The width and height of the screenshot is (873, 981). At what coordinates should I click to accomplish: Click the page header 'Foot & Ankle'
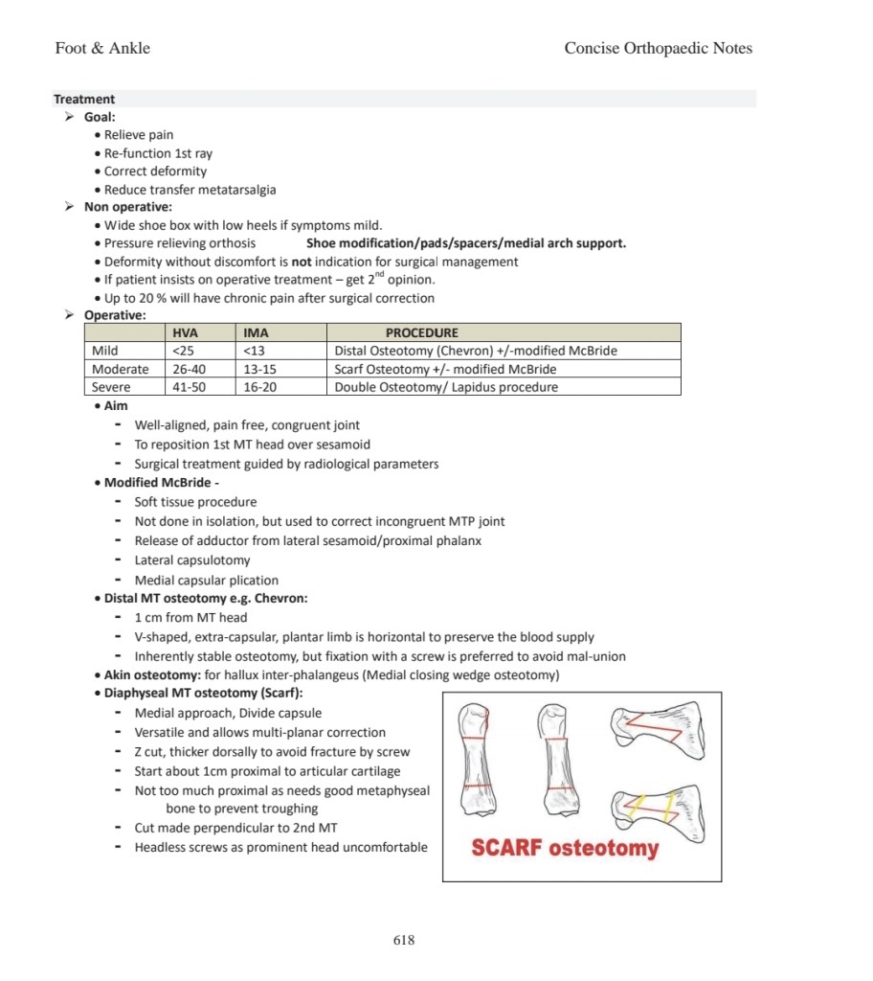102,48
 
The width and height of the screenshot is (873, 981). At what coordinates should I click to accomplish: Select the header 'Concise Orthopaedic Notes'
658,48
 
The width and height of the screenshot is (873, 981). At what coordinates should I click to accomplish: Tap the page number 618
404,940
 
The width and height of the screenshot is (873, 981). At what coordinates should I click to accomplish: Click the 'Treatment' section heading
84,99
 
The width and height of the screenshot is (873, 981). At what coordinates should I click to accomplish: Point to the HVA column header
185,332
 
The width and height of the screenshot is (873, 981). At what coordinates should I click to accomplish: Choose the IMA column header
256,332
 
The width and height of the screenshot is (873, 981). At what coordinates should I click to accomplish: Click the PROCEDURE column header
421,332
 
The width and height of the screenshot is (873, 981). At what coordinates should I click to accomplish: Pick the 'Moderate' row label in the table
121,369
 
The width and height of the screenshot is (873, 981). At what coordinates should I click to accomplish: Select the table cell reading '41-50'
190,387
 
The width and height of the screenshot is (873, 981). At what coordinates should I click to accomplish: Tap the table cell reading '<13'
254,351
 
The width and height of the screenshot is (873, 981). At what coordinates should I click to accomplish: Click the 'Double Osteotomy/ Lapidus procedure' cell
446,387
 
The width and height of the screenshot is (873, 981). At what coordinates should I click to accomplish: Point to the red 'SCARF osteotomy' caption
565,848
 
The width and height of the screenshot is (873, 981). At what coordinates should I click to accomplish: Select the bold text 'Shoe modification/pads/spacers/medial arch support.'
466,243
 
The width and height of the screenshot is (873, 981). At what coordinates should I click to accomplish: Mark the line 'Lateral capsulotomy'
192,560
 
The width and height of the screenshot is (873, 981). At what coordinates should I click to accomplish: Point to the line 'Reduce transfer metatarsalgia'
190,190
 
